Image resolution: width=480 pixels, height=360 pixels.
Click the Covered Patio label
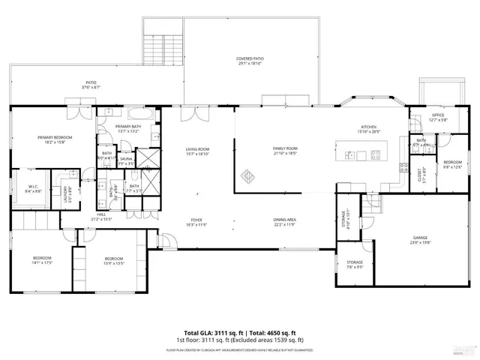[x=251, y=60]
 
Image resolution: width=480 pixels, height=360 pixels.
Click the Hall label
[x=101, y=217]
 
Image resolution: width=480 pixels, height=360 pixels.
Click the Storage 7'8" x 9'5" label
[x=355, y=264]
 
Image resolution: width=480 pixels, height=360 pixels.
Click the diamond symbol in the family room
[x=246, y=178]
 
